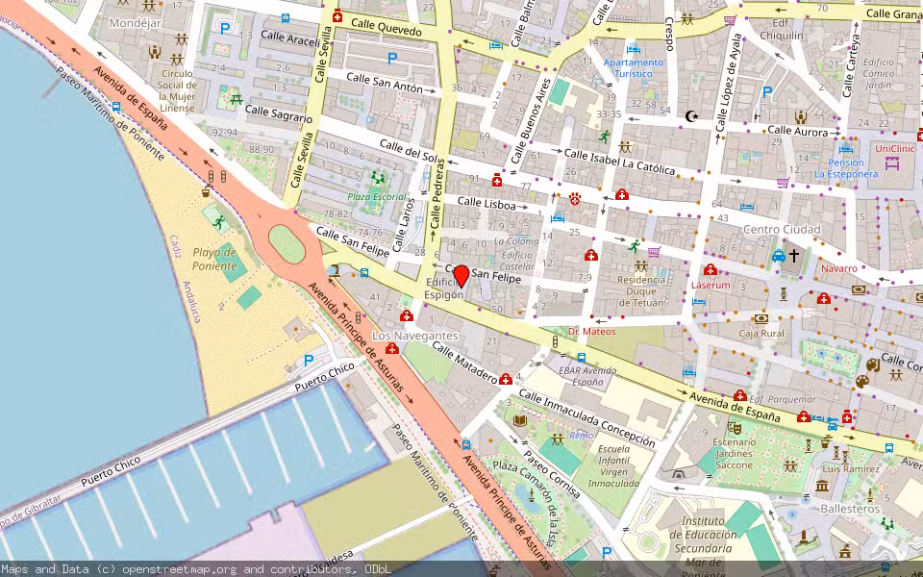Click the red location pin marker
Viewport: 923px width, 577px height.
point(461,275)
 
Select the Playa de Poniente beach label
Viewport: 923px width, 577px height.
point(213,258)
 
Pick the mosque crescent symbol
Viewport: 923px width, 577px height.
point(690,116)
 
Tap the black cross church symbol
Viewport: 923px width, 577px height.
point(793,256)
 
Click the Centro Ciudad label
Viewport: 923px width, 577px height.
point(782,230)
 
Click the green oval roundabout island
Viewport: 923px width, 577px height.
point(286,243)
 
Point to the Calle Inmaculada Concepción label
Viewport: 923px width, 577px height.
point(586,418)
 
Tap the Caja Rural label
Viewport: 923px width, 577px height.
point(761,334)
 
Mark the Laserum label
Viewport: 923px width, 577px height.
point(711,286)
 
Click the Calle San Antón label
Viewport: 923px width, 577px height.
point(384,82)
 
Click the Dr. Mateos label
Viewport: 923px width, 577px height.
point(591,332)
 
